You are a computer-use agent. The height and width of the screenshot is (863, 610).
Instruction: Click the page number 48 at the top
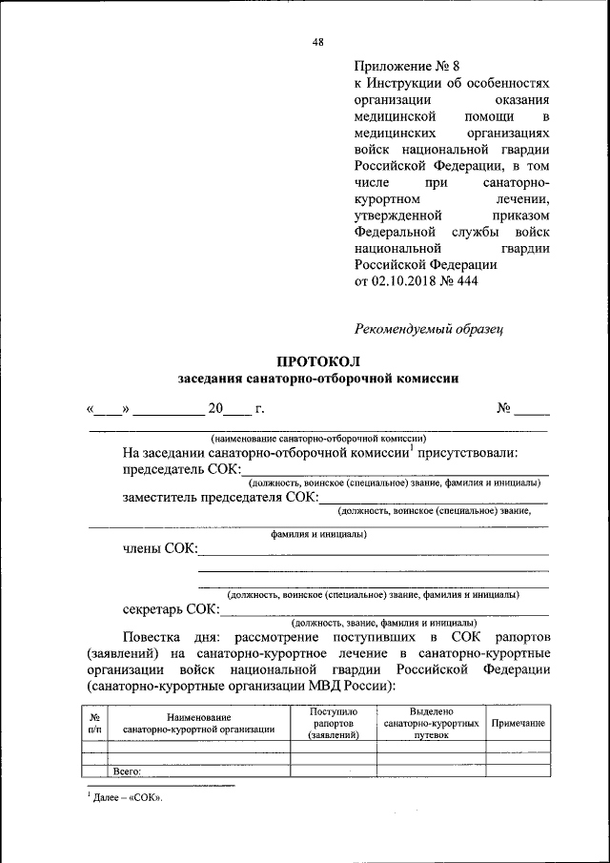click(x=318, y=40)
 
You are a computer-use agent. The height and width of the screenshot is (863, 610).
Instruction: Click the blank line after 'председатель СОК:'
click(x=395, y=470)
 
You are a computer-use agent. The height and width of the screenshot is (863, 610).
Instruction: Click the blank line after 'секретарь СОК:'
click(x=385, y=610)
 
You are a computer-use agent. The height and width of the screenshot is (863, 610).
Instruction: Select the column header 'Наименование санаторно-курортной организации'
click(x=199, y=723)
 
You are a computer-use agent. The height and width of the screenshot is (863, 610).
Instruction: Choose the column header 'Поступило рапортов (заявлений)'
click(x=333, y=723)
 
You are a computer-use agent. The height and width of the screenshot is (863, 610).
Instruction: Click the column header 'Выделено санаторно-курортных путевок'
click(x=431, y=723)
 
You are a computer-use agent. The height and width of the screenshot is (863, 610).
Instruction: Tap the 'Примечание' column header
click(x=518, y=724)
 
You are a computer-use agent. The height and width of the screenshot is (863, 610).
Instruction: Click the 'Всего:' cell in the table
click(x=127, y=771)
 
